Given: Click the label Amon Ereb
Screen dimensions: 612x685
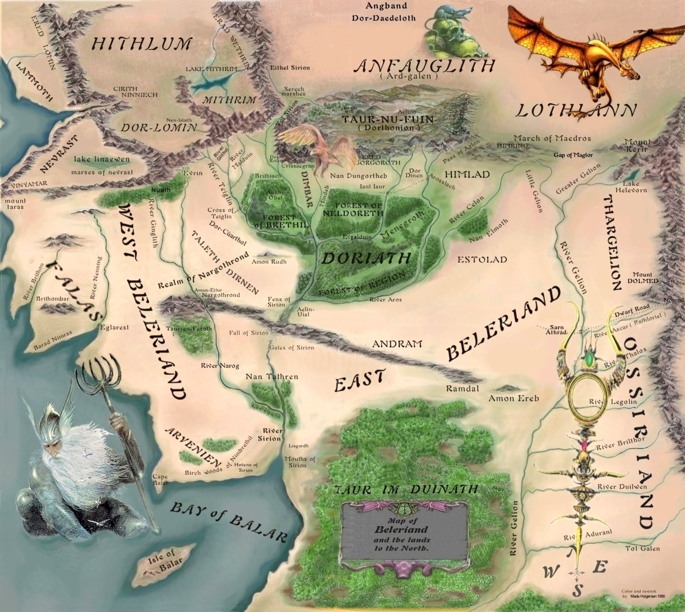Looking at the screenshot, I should tap(514, 398).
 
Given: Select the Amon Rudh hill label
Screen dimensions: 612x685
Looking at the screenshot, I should tap(269, 261).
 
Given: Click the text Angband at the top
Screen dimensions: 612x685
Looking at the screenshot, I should tap(381, 6).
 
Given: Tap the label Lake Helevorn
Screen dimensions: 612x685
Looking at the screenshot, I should tap(631, 187).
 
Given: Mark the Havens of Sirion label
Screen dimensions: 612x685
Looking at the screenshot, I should tap(246, 467).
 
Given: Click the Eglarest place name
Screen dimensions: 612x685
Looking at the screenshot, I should tap(115, 327).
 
